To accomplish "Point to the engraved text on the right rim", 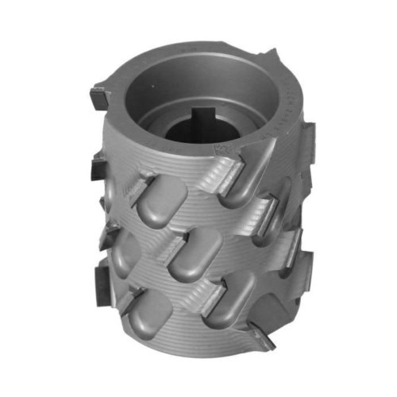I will (x=280, y=103).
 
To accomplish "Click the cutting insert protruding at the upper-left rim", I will (x=102, y=99).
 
